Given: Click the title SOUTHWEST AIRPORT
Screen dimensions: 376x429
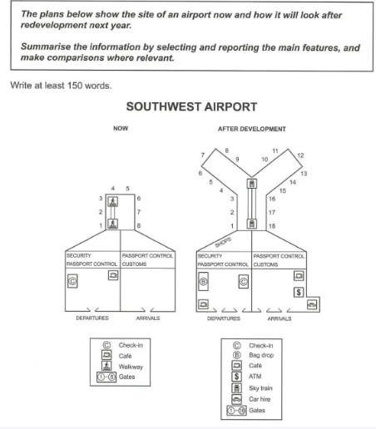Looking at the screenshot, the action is pyautogui.click(x=191, y=107).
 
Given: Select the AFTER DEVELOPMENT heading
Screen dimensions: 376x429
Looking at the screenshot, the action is pyautogui.click(x=252, y=129).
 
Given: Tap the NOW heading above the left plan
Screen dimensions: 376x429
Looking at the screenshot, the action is pyautogui.click(x=121, y=128).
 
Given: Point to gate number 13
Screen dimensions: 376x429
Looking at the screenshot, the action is pyautogui.click(x=304, y=174).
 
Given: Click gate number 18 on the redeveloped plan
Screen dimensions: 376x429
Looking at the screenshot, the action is pyautogui.click(x=272, y=226).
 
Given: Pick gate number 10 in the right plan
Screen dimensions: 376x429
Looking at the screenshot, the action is pyautogui.click(x=265, y=160).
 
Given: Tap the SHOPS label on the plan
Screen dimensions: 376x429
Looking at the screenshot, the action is pyautogui.click(x=223, y=243).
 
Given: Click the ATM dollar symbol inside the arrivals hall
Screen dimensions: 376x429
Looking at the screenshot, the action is pyautogui.click(x=299, y=293).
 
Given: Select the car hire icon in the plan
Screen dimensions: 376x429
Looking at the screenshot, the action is pyautogui.click(x=312, y=305).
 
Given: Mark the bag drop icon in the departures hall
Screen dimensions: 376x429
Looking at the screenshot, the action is pyautogui.click(x=203, y=282).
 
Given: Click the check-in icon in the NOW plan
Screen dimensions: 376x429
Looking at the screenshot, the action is pyautogui.click(x=72, y=281).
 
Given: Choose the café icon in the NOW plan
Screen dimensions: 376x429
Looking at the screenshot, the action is pyautogui.click(x=113, y=275).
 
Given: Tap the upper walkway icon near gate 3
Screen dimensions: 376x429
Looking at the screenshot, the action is pyautogui.click(x=112, y=201).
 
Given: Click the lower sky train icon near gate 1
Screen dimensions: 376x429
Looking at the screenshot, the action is pyautogui.click(x=252, y=224).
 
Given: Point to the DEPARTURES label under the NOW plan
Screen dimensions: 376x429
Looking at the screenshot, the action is pyautogui.click(x=92, y=318).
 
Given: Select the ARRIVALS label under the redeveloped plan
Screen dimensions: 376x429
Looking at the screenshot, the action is pyautogui.click(x=280, y=318).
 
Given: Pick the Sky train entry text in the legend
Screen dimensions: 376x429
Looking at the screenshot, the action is pyautogui.click(x=260, y=388).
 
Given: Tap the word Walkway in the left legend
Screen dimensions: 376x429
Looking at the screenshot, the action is pyautogui.click(x=131, y=367).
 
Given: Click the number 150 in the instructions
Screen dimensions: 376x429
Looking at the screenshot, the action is pyautogui.click(x=75, y=86).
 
